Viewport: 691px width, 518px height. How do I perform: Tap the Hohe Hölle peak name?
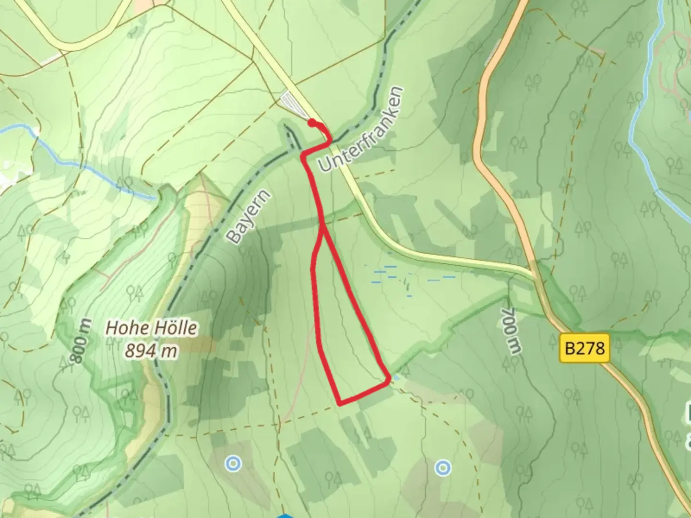(x=151, y=328)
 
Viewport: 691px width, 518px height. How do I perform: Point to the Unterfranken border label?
(x=361, y=129)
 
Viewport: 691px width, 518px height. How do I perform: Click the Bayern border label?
(x=249, y=217)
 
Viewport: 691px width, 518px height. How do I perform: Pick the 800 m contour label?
(x=81, y=341)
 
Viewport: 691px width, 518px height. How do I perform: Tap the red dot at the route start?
(x=312, y=123)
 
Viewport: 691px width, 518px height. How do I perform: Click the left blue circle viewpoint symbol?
(x=233, y=463)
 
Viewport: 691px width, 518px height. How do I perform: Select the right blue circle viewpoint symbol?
(x=443, y=467)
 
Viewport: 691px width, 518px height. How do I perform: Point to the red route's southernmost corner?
(x=340, y=403)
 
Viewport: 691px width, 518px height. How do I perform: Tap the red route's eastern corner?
(x=388, y=380)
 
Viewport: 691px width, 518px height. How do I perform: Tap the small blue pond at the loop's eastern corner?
(x=395, y=379)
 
